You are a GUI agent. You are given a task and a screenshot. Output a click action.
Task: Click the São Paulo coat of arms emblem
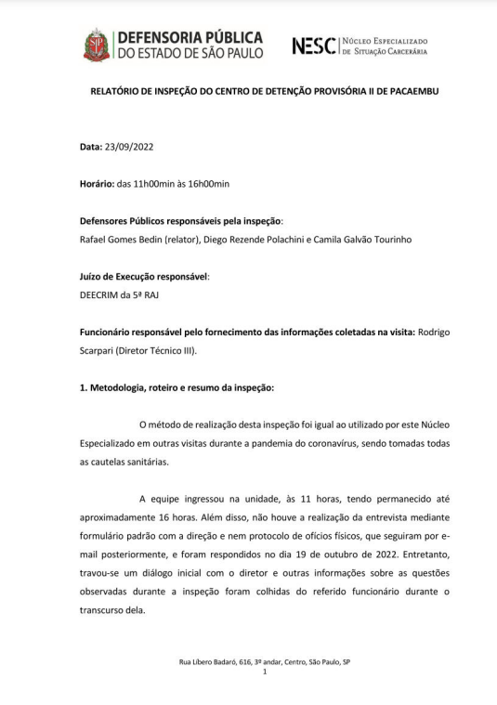pos(97,44)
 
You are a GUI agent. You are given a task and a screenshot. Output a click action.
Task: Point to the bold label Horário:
pos(97,184)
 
